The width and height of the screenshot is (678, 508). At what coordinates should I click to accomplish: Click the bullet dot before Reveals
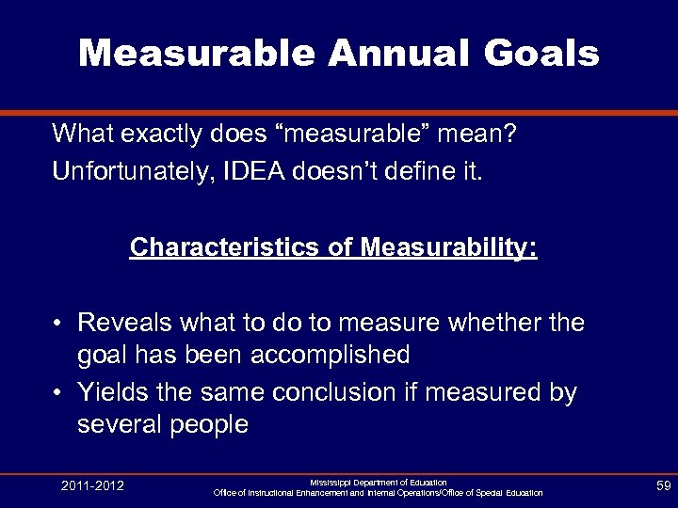[x=58, y=324]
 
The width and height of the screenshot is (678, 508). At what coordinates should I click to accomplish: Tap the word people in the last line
[x=209, y=424]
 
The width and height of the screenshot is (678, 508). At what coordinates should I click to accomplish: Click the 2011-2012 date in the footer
[x=92, y=485]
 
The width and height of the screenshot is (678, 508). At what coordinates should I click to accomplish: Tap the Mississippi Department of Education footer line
[x=379, y=482]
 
